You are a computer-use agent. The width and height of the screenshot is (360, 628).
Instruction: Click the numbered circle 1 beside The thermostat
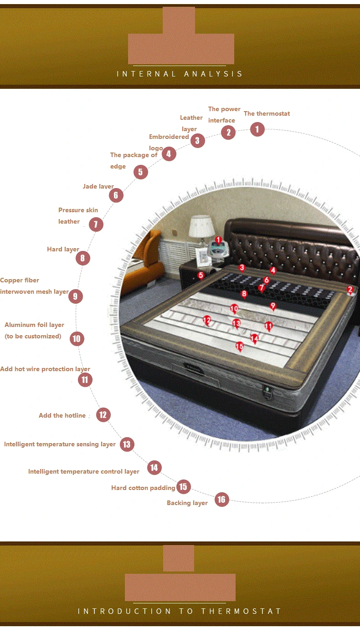tap(257, 129)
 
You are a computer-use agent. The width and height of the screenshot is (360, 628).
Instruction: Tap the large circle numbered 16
tap(221, 500)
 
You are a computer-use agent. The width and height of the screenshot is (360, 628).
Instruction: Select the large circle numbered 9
tap(75, 296)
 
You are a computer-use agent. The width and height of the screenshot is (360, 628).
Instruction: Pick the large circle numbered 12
tap(103, 415)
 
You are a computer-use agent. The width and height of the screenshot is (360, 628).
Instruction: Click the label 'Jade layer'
tap(98, 187)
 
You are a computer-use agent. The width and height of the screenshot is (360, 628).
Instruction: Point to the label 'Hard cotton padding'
tap(143, 488)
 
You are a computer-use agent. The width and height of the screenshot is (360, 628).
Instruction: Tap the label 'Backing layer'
tap(187, 503)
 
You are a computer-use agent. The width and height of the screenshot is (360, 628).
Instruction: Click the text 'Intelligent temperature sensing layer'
tap(60, 444)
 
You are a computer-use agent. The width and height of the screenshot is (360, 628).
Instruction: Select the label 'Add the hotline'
tap(62, 415)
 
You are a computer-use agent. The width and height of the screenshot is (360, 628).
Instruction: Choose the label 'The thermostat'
tap(267, 113)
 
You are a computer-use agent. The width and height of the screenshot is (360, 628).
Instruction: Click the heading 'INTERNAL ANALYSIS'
tap(180, 74)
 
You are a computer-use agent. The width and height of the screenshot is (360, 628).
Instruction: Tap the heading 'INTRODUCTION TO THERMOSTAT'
tap(180, 611)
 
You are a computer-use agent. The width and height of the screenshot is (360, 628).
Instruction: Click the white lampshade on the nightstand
tap(201, 226)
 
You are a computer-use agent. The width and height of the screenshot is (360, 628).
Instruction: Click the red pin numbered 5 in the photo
tap(201, 276)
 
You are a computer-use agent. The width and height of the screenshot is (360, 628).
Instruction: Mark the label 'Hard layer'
tap(63, 250)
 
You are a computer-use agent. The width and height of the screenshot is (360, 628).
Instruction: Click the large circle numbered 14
tap(154, 468)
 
